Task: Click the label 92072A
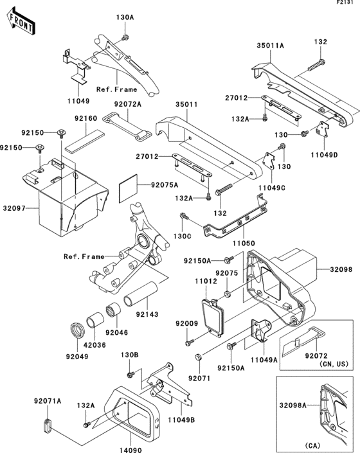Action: click(129, 103)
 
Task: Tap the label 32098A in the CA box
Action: click(294, 405)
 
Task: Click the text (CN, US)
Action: click(317, 364)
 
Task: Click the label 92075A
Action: click(165, 184)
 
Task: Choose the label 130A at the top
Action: click(125, 17)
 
